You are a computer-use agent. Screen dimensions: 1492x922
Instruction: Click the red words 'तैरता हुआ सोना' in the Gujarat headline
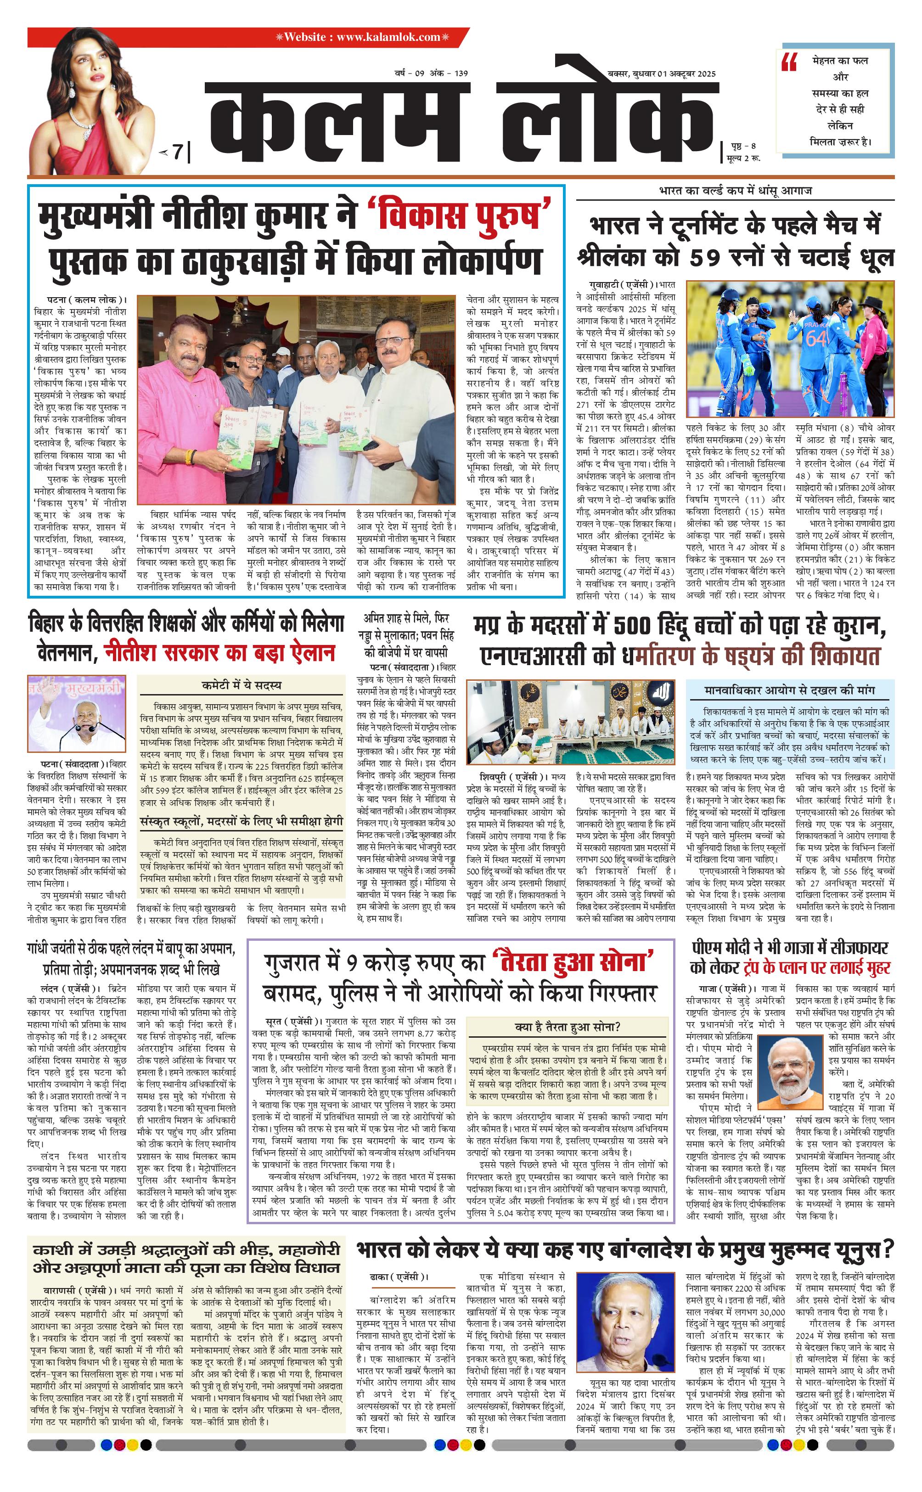pyautogui.click(x=573, y=962)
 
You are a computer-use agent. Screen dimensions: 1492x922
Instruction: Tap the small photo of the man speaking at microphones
pyautogui.click(x=76, y=714)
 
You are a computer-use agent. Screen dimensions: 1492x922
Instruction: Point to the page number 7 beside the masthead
pyautogui.click(x=177, y=151)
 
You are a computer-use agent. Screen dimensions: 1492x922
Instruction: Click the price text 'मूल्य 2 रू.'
pyautogui.click(x=743, y=158)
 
